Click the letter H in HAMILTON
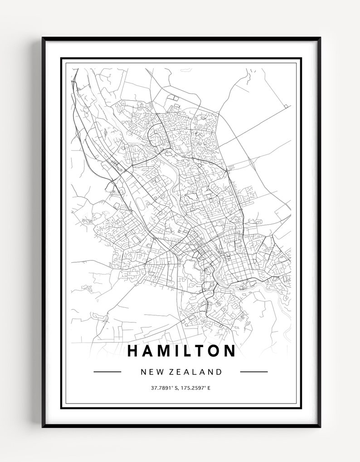point(134,350)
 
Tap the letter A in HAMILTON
point(150,350)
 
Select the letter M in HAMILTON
point(167,350)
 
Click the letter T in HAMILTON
point(204,350)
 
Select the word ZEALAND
point(197,372)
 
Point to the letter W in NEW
point(159,372)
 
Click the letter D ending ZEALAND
point(219,372)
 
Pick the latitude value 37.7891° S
point(165,388)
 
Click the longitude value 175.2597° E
point(196,388)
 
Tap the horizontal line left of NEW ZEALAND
point(107,372)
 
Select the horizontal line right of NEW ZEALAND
point(253,372)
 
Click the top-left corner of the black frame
point(44,39)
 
